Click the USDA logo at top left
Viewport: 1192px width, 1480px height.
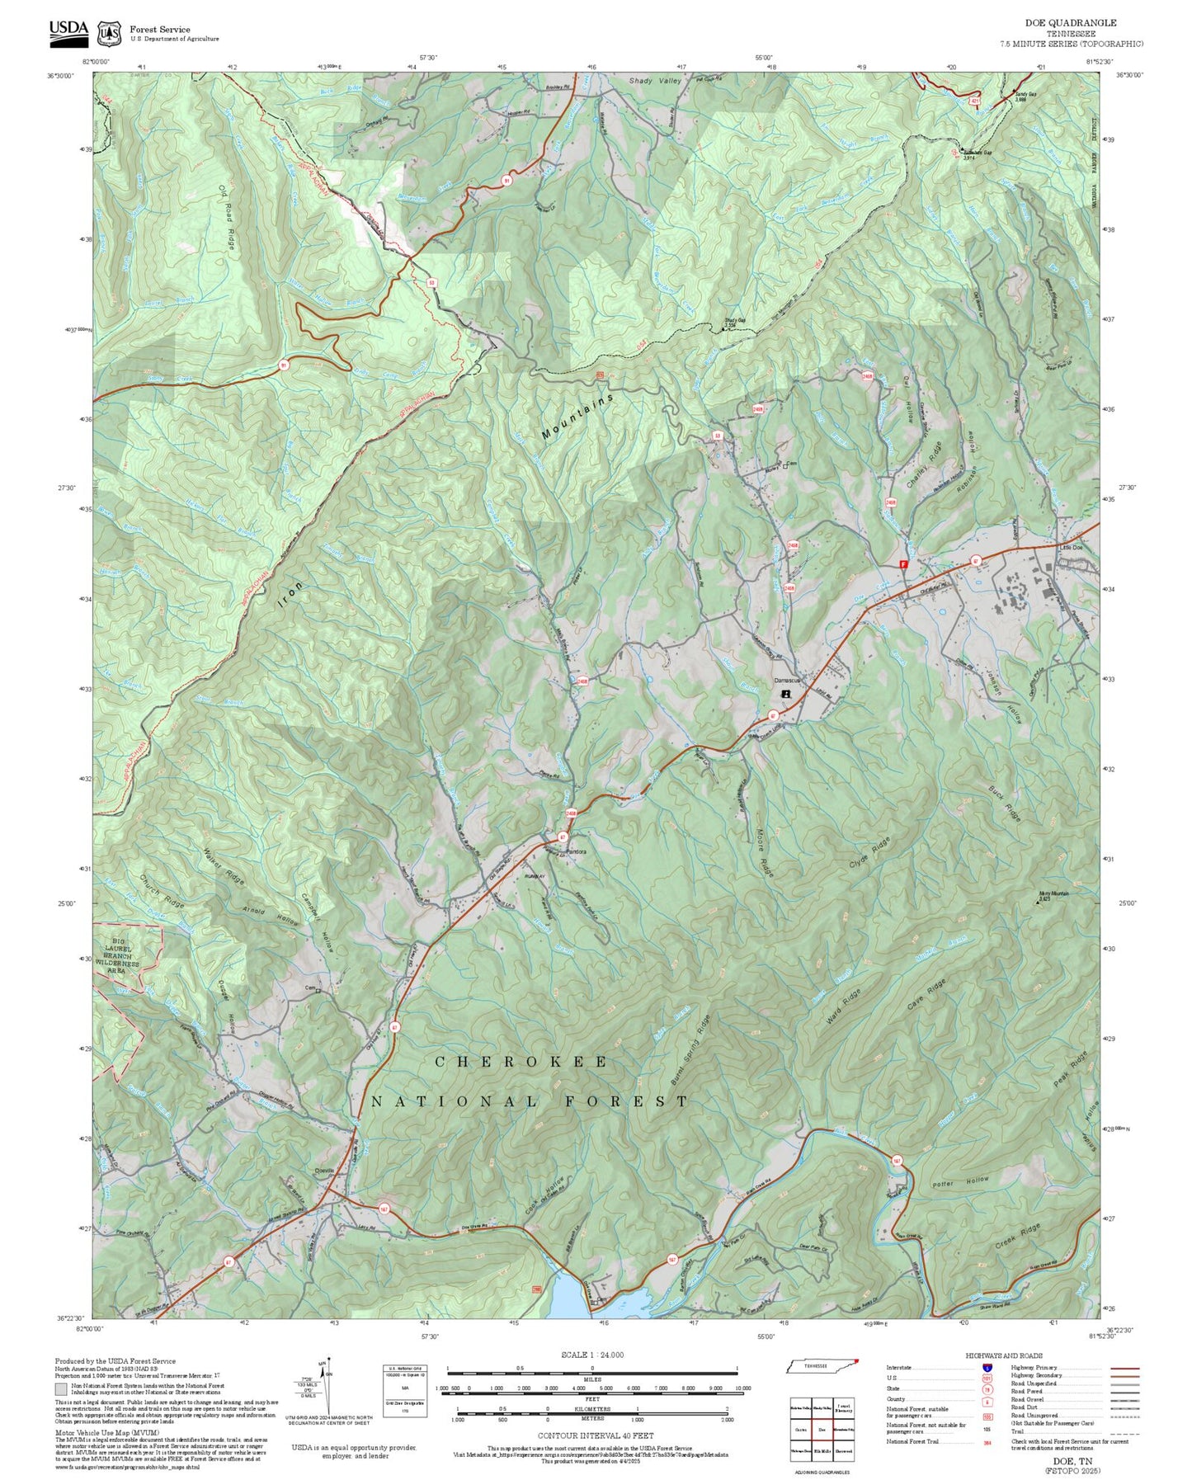(x=68, y=31)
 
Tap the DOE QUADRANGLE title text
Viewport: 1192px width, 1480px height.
(x=1070, y=23)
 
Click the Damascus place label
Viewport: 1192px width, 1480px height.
(x=788, y=681)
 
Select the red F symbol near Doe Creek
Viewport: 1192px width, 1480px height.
(x=903, y=565)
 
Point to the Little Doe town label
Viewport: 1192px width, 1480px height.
(x=1070, y=548)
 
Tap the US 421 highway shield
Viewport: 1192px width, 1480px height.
(x=975, y=101)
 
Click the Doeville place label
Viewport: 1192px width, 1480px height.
(x=325, y=1170)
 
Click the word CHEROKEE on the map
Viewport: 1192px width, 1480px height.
(x=521, y=1062)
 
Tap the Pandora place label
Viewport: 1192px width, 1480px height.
(x=575, y=851)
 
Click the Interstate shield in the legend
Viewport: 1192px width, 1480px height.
(x=987, y=1368)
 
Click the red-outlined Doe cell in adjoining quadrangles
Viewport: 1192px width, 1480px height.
(x=822, y=1430)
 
